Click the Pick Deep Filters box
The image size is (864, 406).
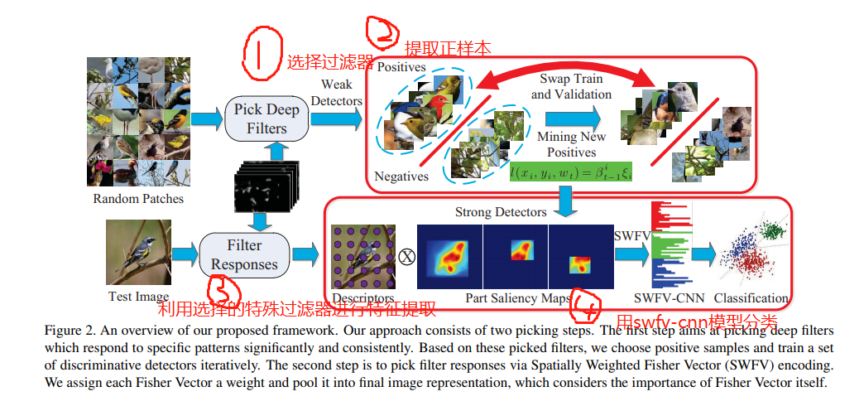coord(266,118)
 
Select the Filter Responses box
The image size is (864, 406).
coord(245,254)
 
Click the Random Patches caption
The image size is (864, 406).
coord(138,199)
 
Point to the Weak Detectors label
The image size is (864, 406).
coord(337,92)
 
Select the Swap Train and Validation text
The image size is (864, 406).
coord(571,86)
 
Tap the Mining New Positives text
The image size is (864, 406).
coord(571,144)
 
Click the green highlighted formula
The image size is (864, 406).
coord(571,172)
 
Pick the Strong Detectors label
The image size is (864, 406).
coord(501,213)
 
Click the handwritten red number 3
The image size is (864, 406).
coord(224,290)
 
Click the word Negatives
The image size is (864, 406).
coord(401,176)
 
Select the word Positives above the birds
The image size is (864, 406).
coord(401,66)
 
